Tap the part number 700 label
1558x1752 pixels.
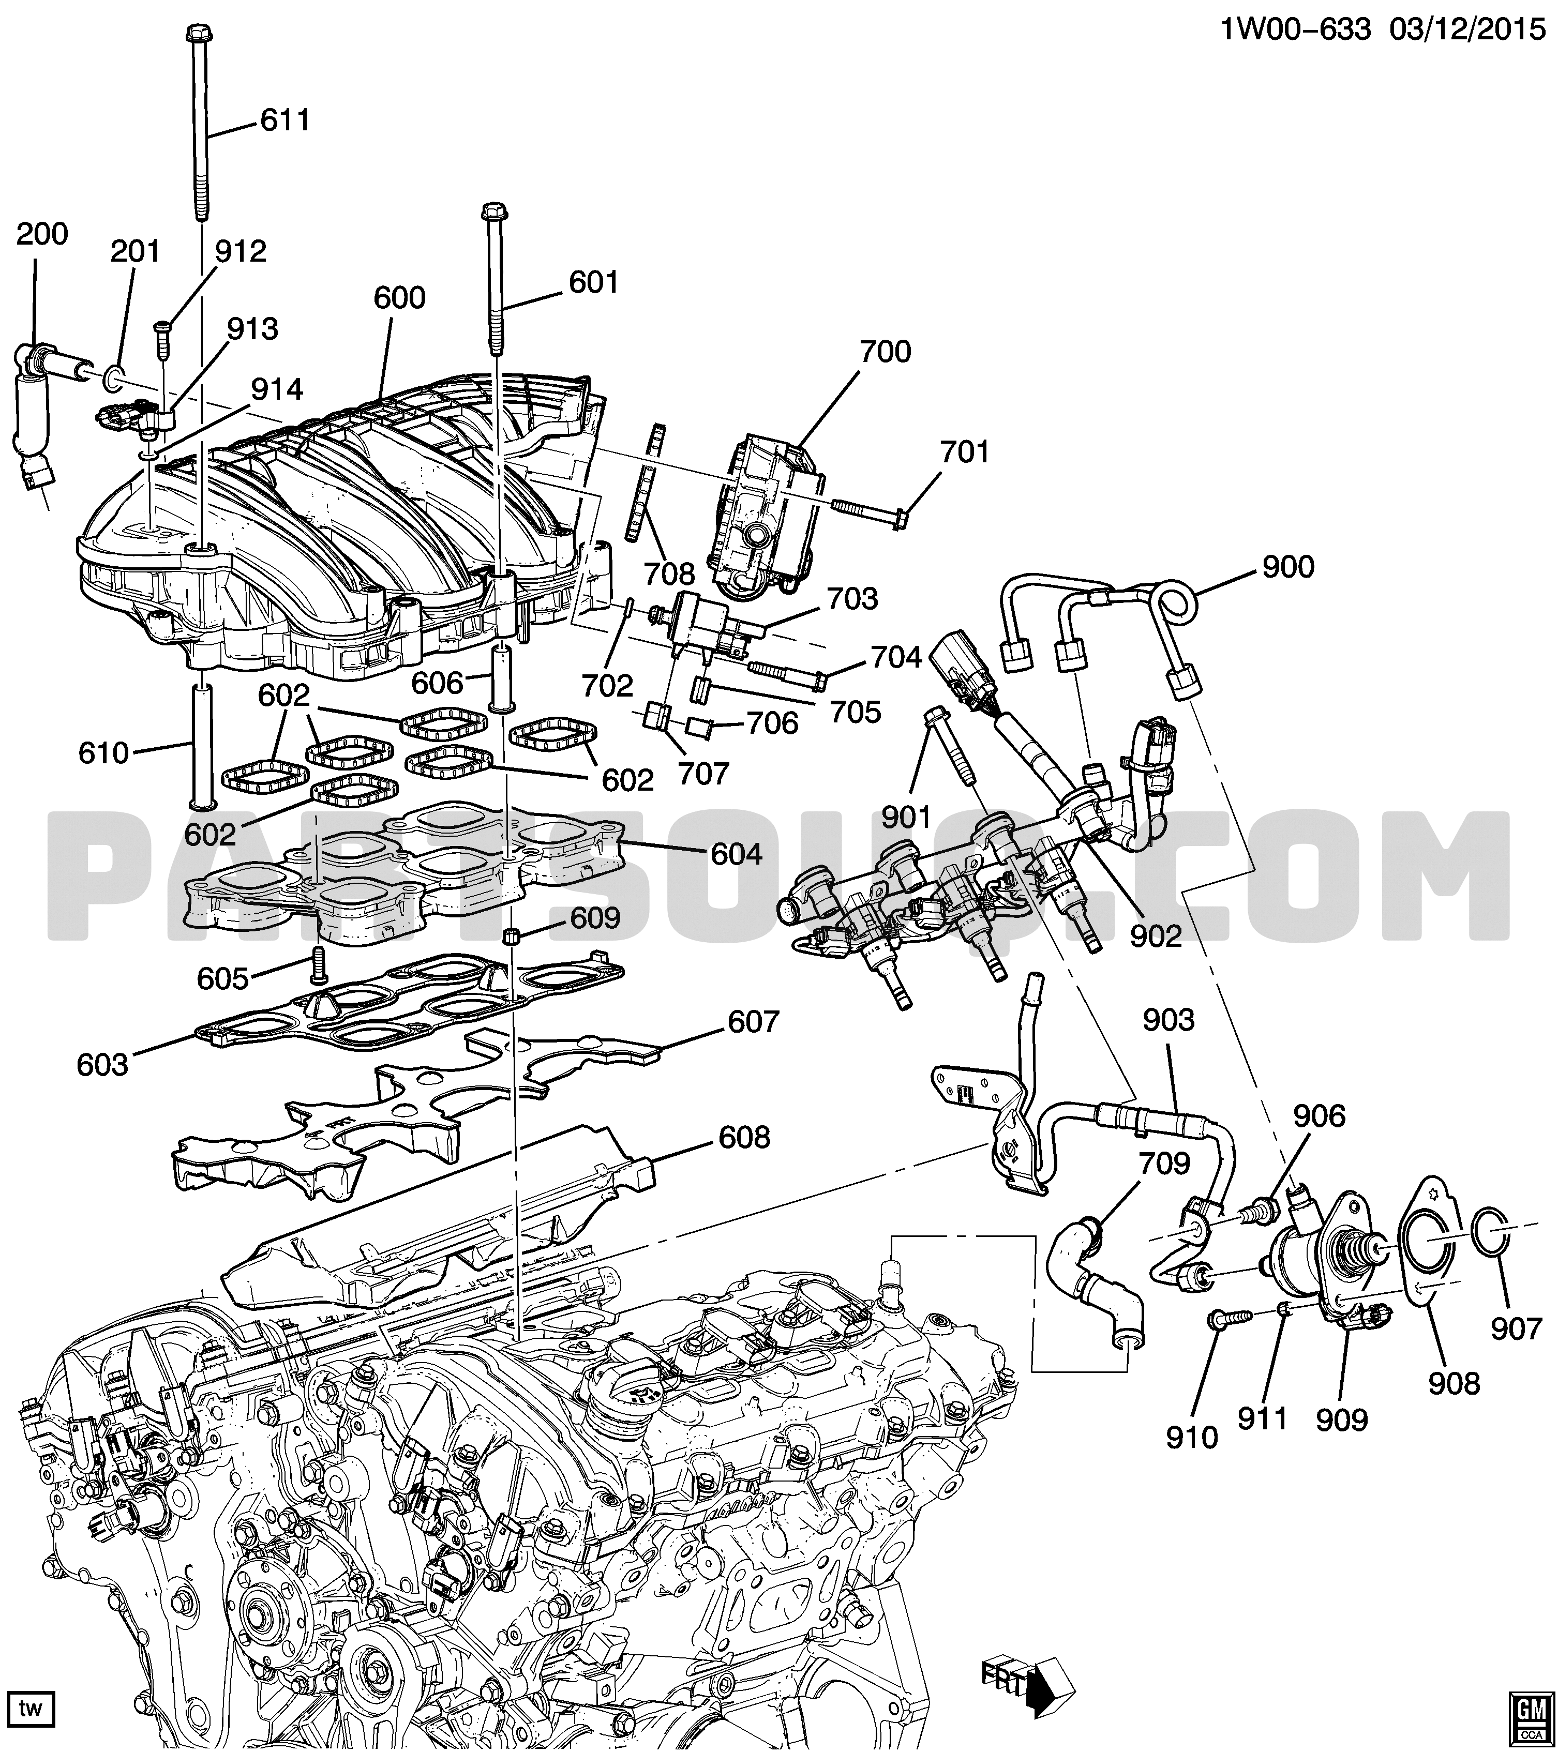pyautogui.click(x=885, y=352)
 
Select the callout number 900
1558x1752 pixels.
pyautogui.click(x=1288, y=567)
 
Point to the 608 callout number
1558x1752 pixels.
pyautogui.click(x=744, y=1138)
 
